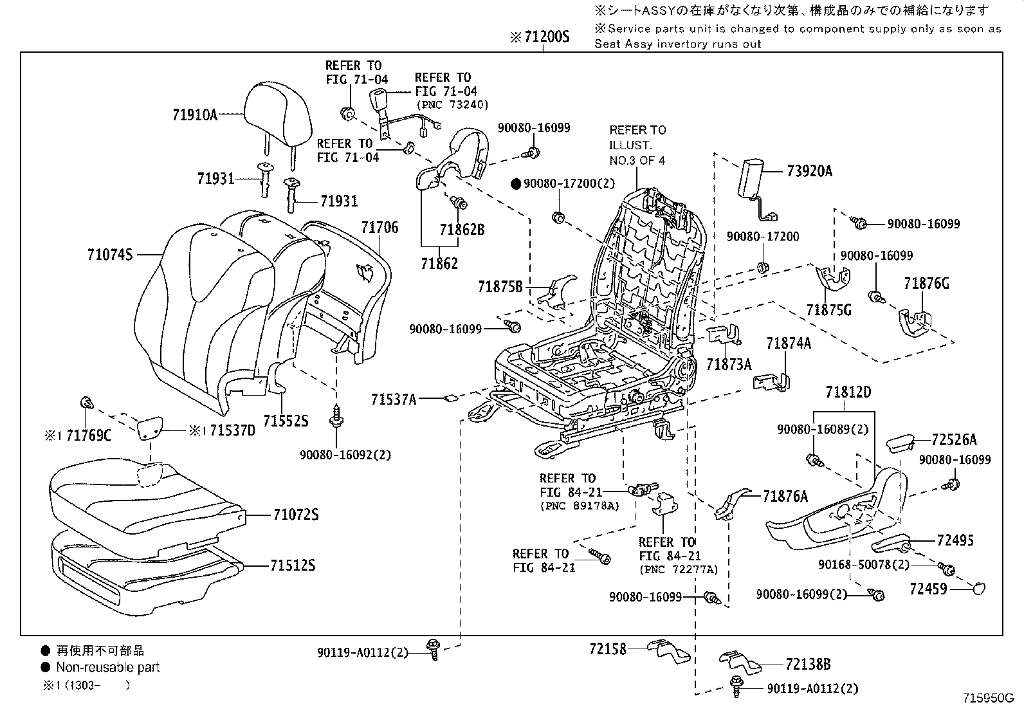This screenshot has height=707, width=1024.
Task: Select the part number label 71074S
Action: coord(109,255)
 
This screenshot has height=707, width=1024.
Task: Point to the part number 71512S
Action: coord(293,565)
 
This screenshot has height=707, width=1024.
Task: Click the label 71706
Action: coord(379,227)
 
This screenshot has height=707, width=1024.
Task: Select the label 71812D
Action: coord(848,392)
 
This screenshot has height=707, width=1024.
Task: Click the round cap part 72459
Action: coord(978,587)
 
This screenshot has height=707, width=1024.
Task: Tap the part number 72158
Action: coord(607,648)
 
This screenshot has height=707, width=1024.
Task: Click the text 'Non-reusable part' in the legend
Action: coord(107,667)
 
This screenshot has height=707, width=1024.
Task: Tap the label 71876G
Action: coord(926,283)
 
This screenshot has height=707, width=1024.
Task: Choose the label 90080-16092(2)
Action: coord(345,455)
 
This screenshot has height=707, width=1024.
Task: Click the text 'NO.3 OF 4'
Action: coord(637,160)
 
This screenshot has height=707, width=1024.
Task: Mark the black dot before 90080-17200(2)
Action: coord(516,183)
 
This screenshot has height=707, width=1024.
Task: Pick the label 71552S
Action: coord(286,421)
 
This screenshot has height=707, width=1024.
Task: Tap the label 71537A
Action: coord(393,399)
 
